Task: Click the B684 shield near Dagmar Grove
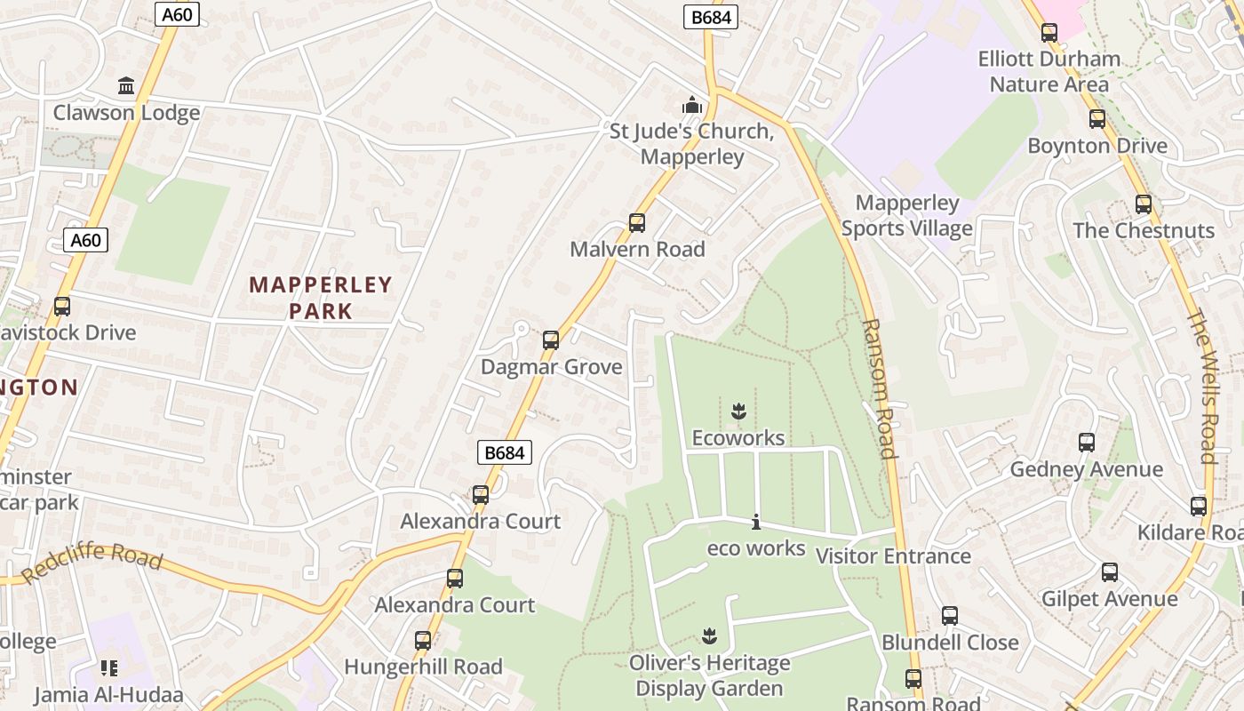(x=504, y=452)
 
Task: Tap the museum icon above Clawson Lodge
(x=126, y=86)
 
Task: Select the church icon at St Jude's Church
(x=692, y=106)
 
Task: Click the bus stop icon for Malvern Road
(x=637, y=223)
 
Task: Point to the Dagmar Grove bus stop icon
(x=551, y=340)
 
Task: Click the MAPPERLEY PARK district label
(x=321, y=298)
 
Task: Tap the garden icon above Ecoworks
(x=738, y=411)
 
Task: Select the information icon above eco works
(x=756, y=523)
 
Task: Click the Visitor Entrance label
(x=893, y=556)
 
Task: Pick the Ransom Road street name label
(x=877, y=388)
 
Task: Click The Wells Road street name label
(x=1201, y=387)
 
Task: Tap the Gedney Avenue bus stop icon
(x=1086, y=443)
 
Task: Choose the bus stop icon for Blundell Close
(x=950, y=616)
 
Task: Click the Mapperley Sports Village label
(x=906, y=216)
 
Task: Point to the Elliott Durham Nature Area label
(x=1049, y=72)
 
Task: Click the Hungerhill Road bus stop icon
(x=423, y=641)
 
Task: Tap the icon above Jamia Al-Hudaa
(x=109, y=668)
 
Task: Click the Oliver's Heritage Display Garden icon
(x=709, y=636)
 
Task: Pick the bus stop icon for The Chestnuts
(x=1144, y=204)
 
